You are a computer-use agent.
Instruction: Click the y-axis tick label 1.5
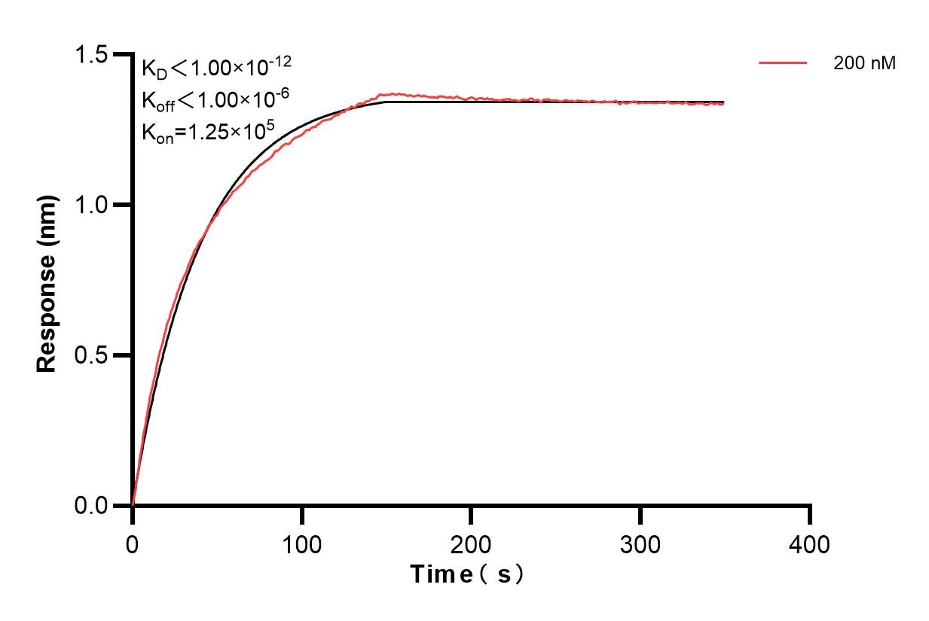coord(90,55)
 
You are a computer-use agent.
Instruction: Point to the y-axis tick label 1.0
coord(90,205)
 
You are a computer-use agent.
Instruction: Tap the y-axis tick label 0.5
coord(90,355)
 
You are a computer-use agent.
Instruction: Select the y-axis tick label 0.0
coord(90,505)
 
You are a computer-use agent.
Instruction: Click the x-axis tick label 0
coord(133,543)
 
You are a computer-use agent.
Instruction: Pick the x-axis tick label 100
coord(301,543)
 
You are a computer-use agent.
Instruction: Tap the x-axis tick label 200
coord(471,543)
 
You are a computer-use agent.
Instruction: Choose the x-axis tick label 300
coord(640,543)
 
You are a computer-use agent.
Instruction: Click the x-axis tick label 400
coord(810,543)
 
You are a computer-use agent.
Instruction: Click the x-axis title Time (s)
coord(467,574)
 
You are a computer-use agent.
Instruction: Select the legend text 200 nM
coord(864,63)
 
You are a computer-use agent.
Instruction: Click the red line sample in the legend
coord(783,63)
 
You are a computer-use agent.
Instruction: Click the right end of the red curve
coord(723,104)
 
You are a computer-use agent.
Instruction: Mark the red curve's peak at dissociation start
coord(387,94)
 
